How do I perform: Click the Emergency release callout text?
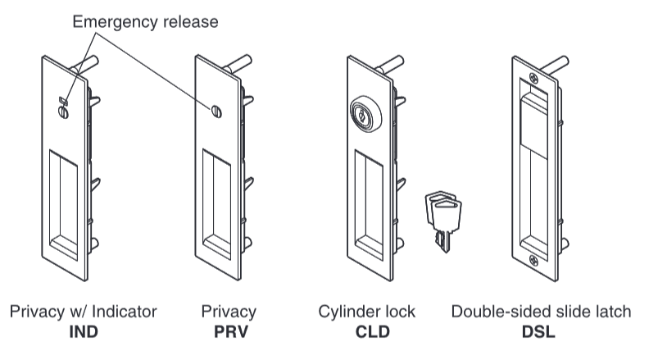pyautogui.click(x=145, y=21)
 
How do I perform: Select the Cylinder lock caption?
pyautogui.click(x=366, y=312)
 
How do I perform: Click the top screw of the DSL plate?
pyautogui.click(x=533, y=79)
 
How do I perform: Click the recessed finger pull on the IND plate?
pyautogui.click(x=63, y=201)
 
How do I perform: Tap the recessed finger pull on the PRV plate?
pyautogui.click(x=217, y=201)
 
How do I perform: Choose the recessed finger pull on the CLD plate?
pyautogui.click(x=369, y=201)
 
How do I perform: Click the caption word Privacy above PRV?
pyautogui.click(x=229, y=312)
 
